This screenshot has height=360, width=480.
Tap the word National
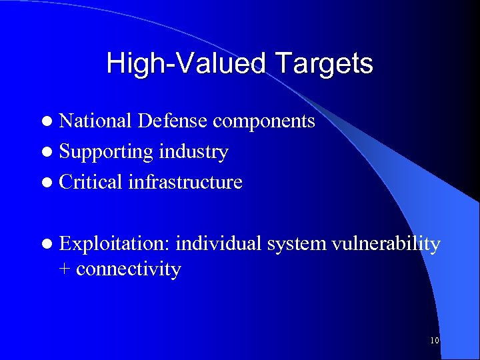[96, 121]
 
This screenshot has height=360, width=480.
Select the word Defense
[173, 121]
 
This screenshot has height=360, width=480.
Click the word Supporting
[106, 153]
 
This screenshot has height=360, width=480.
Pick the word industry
[193, 153]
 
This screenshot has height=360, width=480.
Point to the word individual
[219, 245]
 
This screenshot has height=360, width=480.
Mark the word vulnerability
[387, 245]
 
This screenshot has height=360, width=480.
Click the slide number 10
[435, 341]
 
